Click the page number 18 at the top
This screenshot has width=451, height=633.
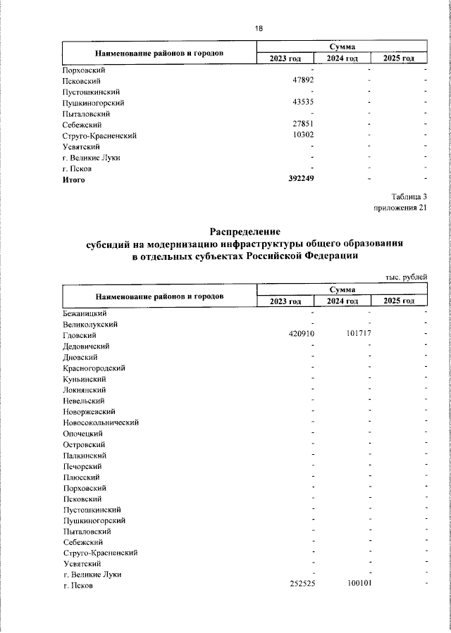tap(258, 29)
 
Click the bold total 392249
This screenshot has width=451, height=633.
tap(302, 179)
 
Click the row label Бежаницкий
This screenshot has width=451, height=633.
tap(85, 313)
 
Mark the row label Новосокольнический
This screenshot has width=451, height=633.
tap(101, 422)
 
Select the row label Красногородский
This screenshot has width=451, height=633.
tap(94, 368)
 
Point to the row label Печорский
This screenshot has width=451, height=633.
tap(82, 466)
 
